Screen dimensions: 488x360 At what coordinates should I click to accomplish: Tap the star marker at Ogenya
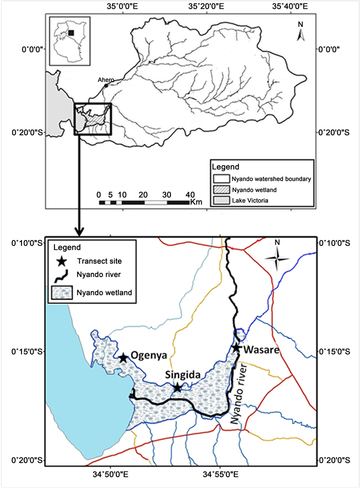pos(123,358)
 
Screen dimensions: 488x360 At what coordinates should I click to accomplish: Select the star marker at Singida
pos(177,388)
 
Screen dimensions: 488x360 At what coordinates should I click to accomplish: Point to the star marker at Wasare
pos(236,348)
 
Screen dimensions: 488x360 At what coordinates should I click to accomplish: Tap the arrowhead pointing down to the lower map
pos(79,229)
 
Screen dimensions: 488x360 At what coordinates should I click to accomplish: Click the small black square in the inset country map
pos(71,33)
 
